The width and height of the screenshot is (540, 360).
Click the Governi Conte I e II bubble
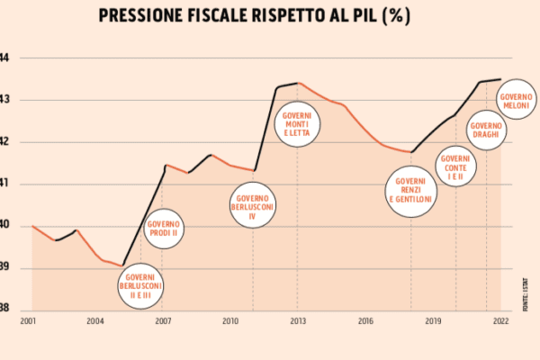456,167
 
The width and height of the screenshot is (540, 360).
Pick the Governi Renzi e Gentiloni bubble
411,191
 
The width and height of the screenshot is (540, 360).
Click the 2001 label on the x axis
27,320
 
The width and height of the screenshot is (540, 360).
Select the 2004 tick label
95,320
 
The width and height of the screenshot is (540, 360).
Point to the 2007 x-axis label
163,320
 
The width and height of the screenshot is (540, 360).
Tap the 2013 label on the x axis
298,320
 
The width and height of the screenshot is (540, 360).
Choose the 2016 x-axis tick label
365,320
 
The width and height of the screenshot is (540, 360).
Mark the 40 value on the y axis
4,226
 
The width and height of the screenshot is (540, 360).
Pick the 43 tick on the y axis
4,100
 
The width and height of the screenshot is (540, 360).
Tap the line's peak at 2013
298,83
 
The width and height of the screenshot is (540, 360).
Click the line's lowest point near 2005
122,265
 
